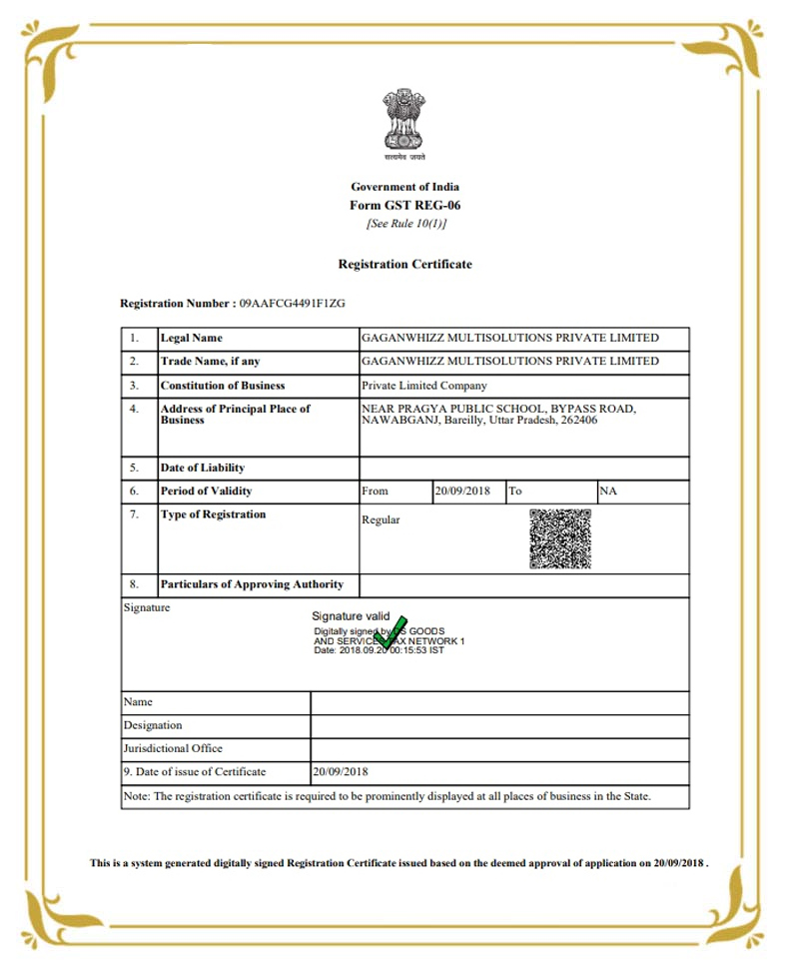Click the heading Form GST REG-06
[404, 205]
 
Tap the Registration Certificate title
[404, 264]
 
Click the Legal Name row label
[192, 339]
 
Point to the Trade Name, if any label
[210, 362]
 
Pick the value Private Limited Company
[424, 386]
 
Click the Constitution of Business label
[223, 386]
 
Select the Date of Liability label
[203, 468]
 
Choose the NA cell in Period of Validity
[608, 491]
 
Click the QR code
[560, 539]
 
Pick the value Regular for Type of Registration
[381, 520]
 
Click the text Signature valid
[351, 616]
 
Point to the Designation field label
[153, 725]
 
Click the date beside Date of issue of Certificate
[341, 772]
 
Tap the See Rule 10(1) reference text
[405, 223]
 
